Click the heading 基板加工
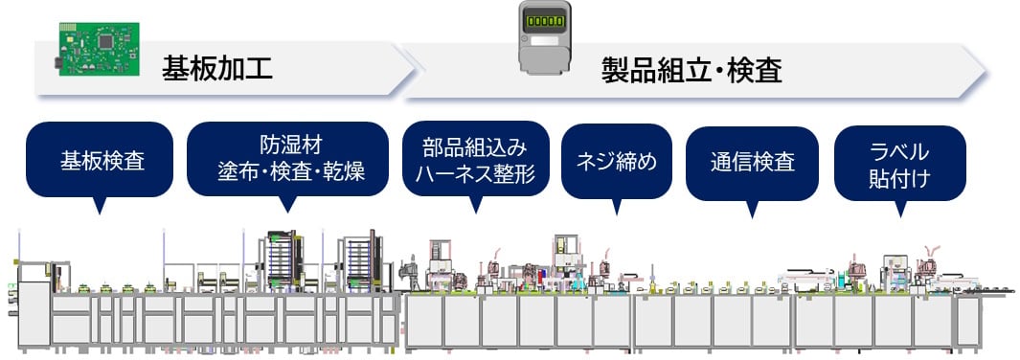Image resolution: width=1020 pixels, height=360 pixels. coord(217,68)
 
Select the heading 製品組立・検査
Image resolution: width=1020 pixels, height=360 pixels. coord(691,70)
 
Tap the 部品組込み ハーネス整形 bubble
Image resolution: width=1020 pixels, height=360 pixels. coord(475,160)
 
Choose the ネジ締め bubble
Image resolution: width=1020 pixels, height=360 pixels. coord(616,160)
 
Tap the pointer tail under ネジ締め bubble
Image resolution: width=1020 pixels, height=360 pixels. coord(616,206)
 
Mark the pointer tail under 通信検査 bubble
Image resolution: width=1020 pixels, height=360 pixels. coord(752,210)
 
